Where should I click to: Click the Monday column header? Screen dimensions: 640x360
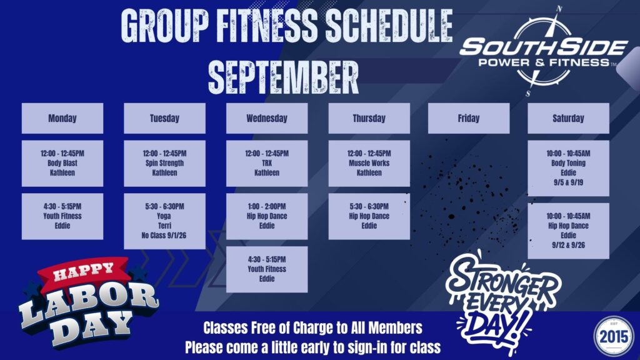point(62,118)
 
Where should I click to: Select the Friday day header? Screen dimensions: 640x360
point(469,118)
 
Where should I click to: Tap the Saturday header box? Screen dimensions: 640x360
point(568,118)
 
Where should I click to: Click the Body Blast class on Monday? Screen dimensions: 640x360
point(62,163)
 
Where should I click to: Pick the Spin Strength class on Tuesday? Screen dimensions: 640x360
point(164,163)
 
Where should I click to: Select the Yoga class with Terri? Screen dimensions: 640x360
point(164,221)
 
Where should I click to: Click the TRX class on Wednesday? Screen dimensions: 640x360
point(267,163)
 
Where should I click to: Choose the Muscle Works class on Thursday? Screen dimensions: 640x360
point(369,163)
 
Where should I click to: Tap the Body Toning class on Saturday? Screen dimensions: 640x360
point(568,168)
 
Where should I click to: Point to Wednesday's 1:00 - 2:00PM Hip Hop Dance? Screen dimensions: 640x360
point(267,216)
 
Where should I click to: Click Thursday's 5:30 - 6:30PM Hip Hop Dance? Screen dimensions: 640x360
point(369,216)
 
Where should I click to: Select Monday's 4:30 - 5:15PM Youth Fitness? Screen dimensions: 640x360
point(62,216)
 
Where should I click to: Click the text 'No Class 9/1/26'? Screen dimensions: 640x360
point(164,236)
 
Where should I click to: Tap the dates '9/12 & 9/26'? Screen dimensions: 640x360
point(568,245)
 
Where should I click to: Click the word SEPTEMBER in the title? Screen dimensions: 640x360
point(283,77)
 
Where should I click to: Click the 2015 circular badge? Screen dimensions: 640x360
point(614,336)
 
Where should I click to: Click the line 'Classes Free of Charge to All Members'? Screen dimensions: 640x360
point(312,327)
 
